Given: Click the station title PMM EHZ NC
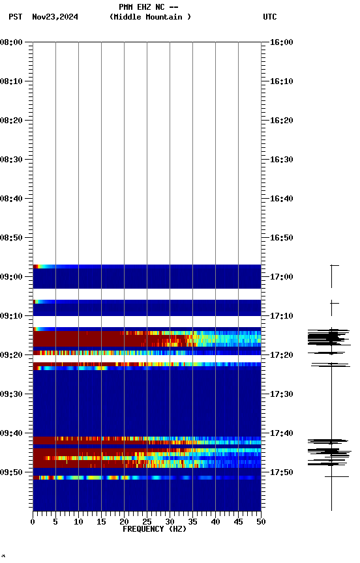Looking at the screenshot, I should (148, 7).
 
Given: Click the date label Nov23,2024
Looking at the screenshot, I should (55, 17).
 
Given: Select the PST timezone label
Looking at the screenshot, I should (15, 17).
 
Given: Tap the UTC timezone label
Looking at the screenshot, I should (269, 17).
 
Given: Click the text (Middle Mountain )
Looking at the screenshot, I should (151, 17).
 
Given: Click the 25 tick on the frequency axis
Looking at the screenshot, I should (147, 521).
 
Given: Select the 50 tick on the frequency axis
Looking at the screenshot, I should (261, 521).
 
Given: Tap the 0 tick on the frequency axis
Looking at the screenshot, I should (33, 521).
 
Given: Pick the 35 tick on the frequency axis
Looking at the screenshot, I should (192, 521).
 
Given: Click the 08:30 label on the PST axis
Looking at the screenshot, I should (11, 160).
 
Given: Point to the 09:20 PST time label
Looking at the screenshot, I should (11, 355).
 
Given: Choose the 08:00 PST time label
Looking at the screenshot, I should (11, 42).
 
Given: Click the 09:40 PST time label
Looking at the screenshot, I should (11, 433).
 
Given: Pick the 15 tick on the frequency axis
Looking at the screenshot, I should (101, 521).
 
